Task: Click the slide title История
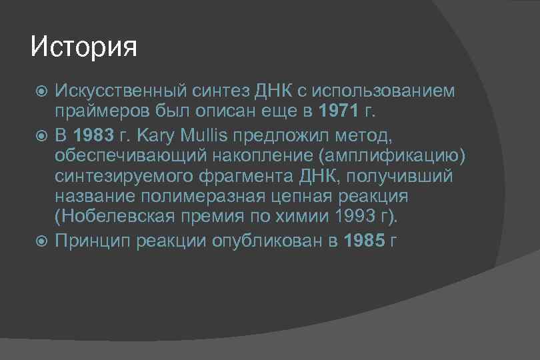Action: (x=83, y=47)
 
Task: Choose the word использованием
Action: (x=389, y=90)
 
